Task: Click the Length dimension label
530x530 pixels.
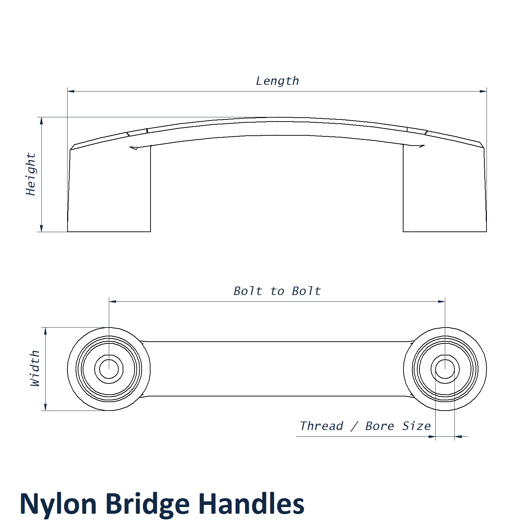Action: tap(277, 81)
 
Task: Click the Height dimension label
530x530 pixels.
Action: tap(31, 174)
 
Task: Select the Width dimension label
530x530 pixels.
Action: tap(35, 369)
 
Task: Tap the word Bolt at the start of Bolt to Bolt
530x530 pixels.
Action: tap(248, 291)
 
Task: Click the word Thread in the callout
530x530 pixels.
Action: tap(322, 426)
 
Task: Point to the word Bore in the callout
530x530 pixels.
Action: tap(379, 426)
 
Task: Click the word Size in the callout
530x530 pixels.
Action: tap(417, 426)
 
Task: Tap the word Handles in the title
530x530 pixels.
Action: tap(251, 504)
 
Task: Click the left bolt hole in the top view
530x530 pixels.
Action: tap(109, 369)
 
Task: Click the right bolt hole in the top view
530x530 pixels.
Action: tap(445, 369)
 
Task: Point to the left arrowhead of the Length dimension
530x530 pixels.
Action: tap(71, 91)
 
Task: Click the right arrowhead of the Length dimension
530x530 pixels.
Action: tap(483, 91)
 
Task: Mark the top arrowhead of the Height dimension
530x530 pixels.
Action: tap(41, 121)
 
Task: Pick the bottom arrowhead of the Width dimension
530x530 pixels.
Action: tap(45, 407)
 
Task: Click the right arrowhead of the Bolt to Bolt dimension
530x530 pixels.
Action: tap(441, 301)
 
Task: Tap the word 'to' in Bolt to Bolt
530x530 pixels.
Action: tap(277, 291)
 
